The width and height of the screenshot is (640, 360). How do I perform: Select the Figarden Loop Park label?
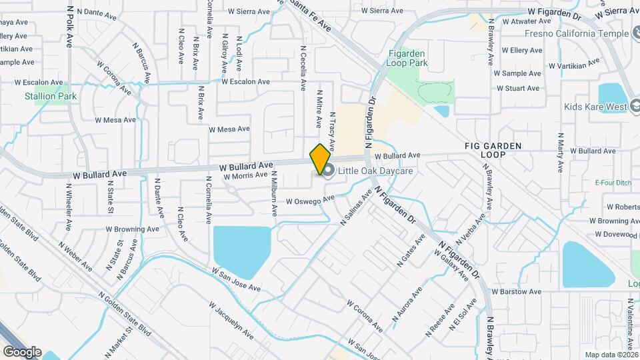pyautogui.click(x=407, y=58)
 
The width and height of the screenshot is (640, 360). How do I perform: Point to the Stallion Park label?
pyautogui.click(x=51, y=96)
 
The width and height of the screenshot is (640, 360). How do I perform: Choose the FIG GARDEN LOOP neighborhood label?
pyautogui.click(x=494, y=149)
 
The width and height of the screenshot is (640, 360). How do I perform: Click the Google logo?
pyautogui.click(x=22, y=351)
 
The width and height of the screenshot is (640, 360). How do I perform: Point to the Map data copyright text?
pyautogui.click(x=610, y=355)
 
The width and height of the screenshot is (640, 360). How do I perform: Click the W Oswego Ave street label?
pyautogui.click(x=310, y=200)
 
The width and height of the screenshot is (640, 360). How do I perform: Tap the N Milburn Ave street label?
pyautogui.click(x=274, y=193)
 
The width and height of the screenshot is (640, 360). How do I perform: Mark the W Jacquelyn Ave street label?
pyautogui.click(x=231, y=321)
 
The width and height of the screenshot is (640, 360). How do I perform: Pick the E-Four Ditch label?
pyautogui.click(x=613, y=181)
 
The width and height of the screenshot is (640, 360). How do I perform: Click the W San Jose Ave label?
pyautogui.click(x=236, y=280)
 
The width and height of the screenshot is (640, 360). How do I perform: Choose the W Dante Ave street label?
pyautogui.click(x=97, y=11)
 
